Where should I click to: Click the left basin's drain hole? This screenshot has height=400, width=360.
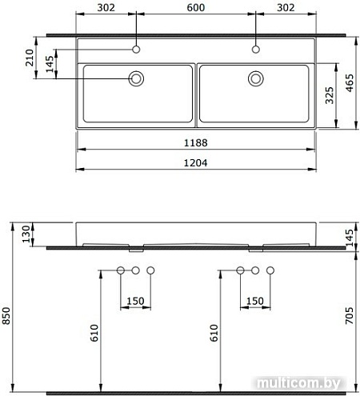[x=137, y=78]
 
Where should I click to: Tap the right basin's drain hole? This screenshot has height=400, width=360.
[x=256, y=78]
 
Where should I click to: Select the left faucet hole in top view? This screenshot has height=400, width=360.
[x=137, y=50]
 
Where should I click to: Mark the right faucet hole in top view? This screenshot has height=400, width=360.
[x=256, y=50]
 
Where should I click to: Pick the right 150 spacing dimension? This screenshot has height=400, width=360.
[x=255, y=301]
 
